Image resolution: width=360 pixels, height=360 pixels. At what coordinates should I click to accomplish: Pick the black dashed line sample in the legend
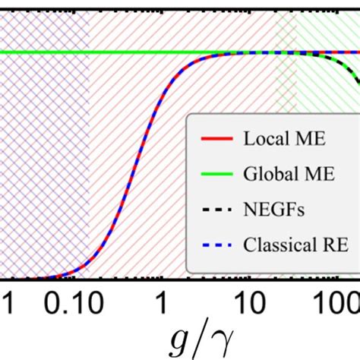pyautogui.click(x=212, y=210)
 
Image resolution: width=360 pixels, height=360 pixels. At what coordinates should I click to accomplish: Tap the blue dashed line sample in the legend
pyautogui.click(x=212, y=245)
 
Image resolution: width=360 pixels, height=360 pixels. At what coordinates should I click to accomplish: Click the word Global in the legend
pyautogui.click(x=266, y=175)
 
